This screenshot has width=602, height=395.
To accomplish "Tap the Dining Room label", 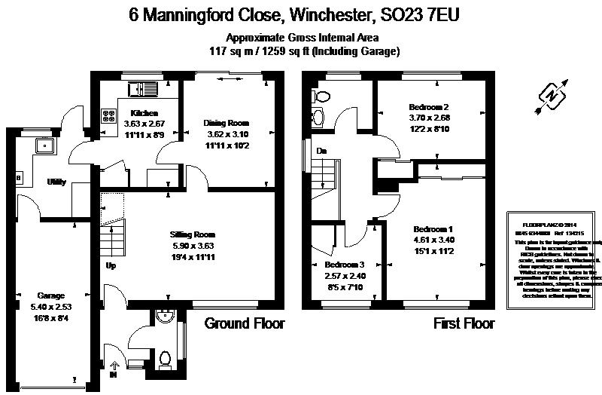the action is (x=227, y=123).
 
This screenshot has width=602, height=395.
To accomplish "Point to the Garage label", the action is (x=52, y=295).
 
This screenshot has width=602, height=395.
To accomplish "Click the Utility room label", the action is (x=56, y=182).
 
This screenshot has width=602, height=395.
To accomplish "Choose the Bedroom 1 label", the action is (x=433, y=228).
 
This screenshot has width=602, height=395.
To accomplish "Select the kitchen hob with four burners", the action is (x=108, y=118).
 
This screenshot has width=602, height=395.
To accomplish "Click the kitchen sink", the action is (x=142, y=91).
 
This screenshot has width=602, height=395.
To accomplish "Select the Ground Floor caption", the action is (x=245, y=324).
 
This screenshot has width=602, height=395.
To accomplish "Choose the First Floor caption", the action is (x=464, y=324).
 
